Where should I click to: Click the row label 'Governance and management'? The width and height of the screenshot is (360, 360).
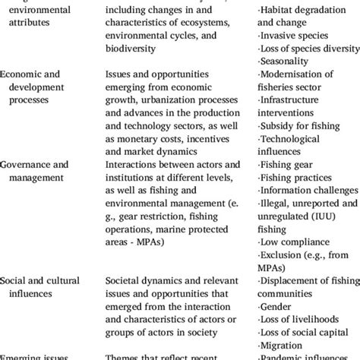(x=35, y=170)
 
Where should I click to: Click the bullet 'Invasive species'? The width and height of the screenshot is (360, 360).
(x=292, y=36)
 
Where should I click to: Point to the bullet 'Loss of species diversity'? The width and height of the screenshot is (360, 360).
(x=308, y=48)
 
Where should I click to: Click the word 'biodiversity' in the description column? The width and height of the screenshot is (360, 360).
(x=131, y=48)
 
